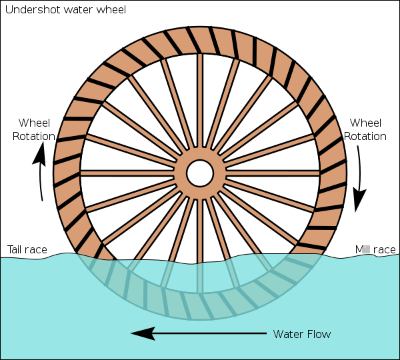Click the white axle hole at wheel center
tap(200, 173)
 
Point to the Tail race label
tap(27, 250)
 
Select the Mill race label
tap(375, 250)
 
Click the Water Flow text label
tap(302, 333)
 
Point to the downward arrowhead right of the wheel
tap(360, 199)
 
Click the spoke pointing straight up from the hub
tap(200, 107)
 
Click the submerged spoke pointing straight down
tap(200, 273)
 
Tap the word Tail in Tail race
tap(17, 250)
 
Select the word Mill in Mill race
tap(364, 250)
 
